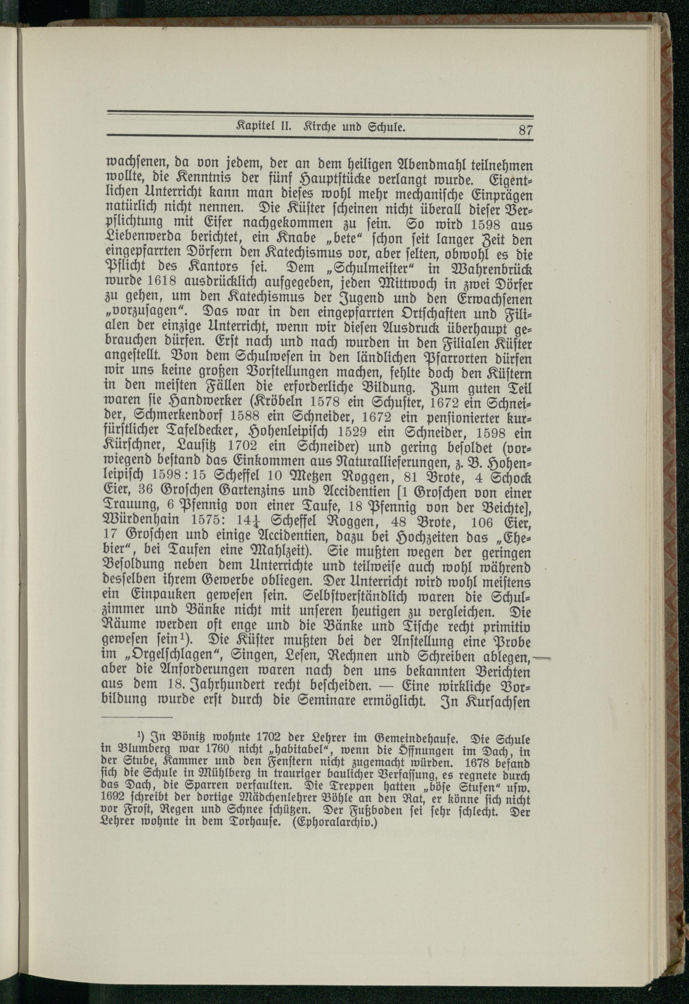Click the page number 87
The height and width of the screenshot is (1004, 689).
click(x=525, y=130)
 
